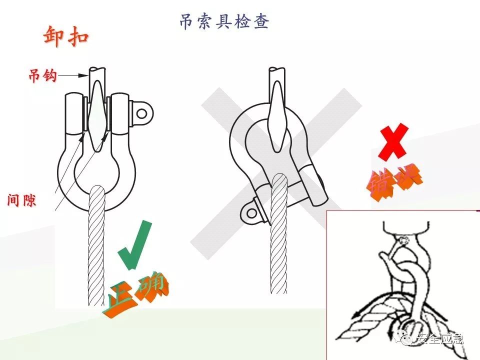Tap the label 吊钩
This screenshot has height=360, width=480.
42,76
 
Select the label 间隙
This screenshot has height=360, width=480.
22,200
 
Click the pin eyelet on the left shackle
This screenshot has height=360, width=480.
142,113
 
